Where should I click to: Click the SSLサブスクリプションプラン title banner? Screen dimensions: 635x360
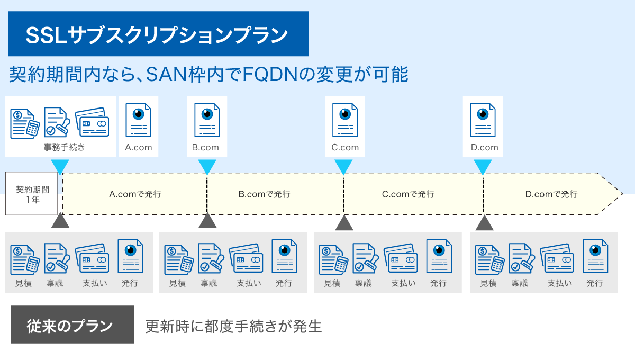[x=158, y=34]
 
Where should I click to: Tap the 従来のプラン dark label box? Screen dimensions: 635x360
[x=72, y=325]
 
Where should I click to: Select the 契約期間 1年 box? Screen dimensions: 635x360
[x=31, y=193]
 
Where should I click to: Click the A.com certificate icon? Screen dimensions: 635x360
[x=138, y=120]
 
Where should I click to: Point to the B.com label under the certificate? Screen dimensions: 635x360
[x=205, y=148]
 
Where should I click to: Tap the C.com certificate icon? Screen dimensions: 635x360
[x=345, y=120]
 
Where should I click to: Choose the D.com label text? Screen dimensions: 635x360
[x=485, y=148]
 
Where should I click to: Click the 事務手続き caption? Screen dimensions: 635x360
[x=65, y=147]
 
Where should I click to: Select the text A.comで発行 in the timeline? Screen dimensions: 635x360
[x=135, y=194]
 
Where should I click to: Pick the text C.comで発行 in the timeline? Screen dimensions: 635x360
[x=408, y=194]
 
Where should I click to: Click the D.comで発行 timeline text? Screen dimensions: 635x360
[x=551, y=194]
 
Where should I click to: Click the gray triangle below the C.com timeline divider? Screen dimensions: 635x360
[x=344, y=223]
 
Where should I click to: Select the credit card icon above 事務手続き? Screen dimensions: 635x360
[x=92, y=122]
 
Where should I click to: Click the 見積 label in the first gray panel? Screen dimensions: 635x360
[x=23, y=283]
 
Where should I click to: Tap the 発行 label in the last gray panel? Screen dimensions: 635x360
[x=595, y=283]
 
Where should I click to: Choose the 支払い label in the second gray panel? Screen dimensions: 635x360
[x=249, y=283]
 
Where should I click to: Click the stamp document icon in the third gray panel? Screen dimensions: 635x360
[x=366, y=258]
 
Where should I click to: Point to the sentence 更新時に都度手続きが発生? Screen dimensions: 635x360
[x=233, y=326]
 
